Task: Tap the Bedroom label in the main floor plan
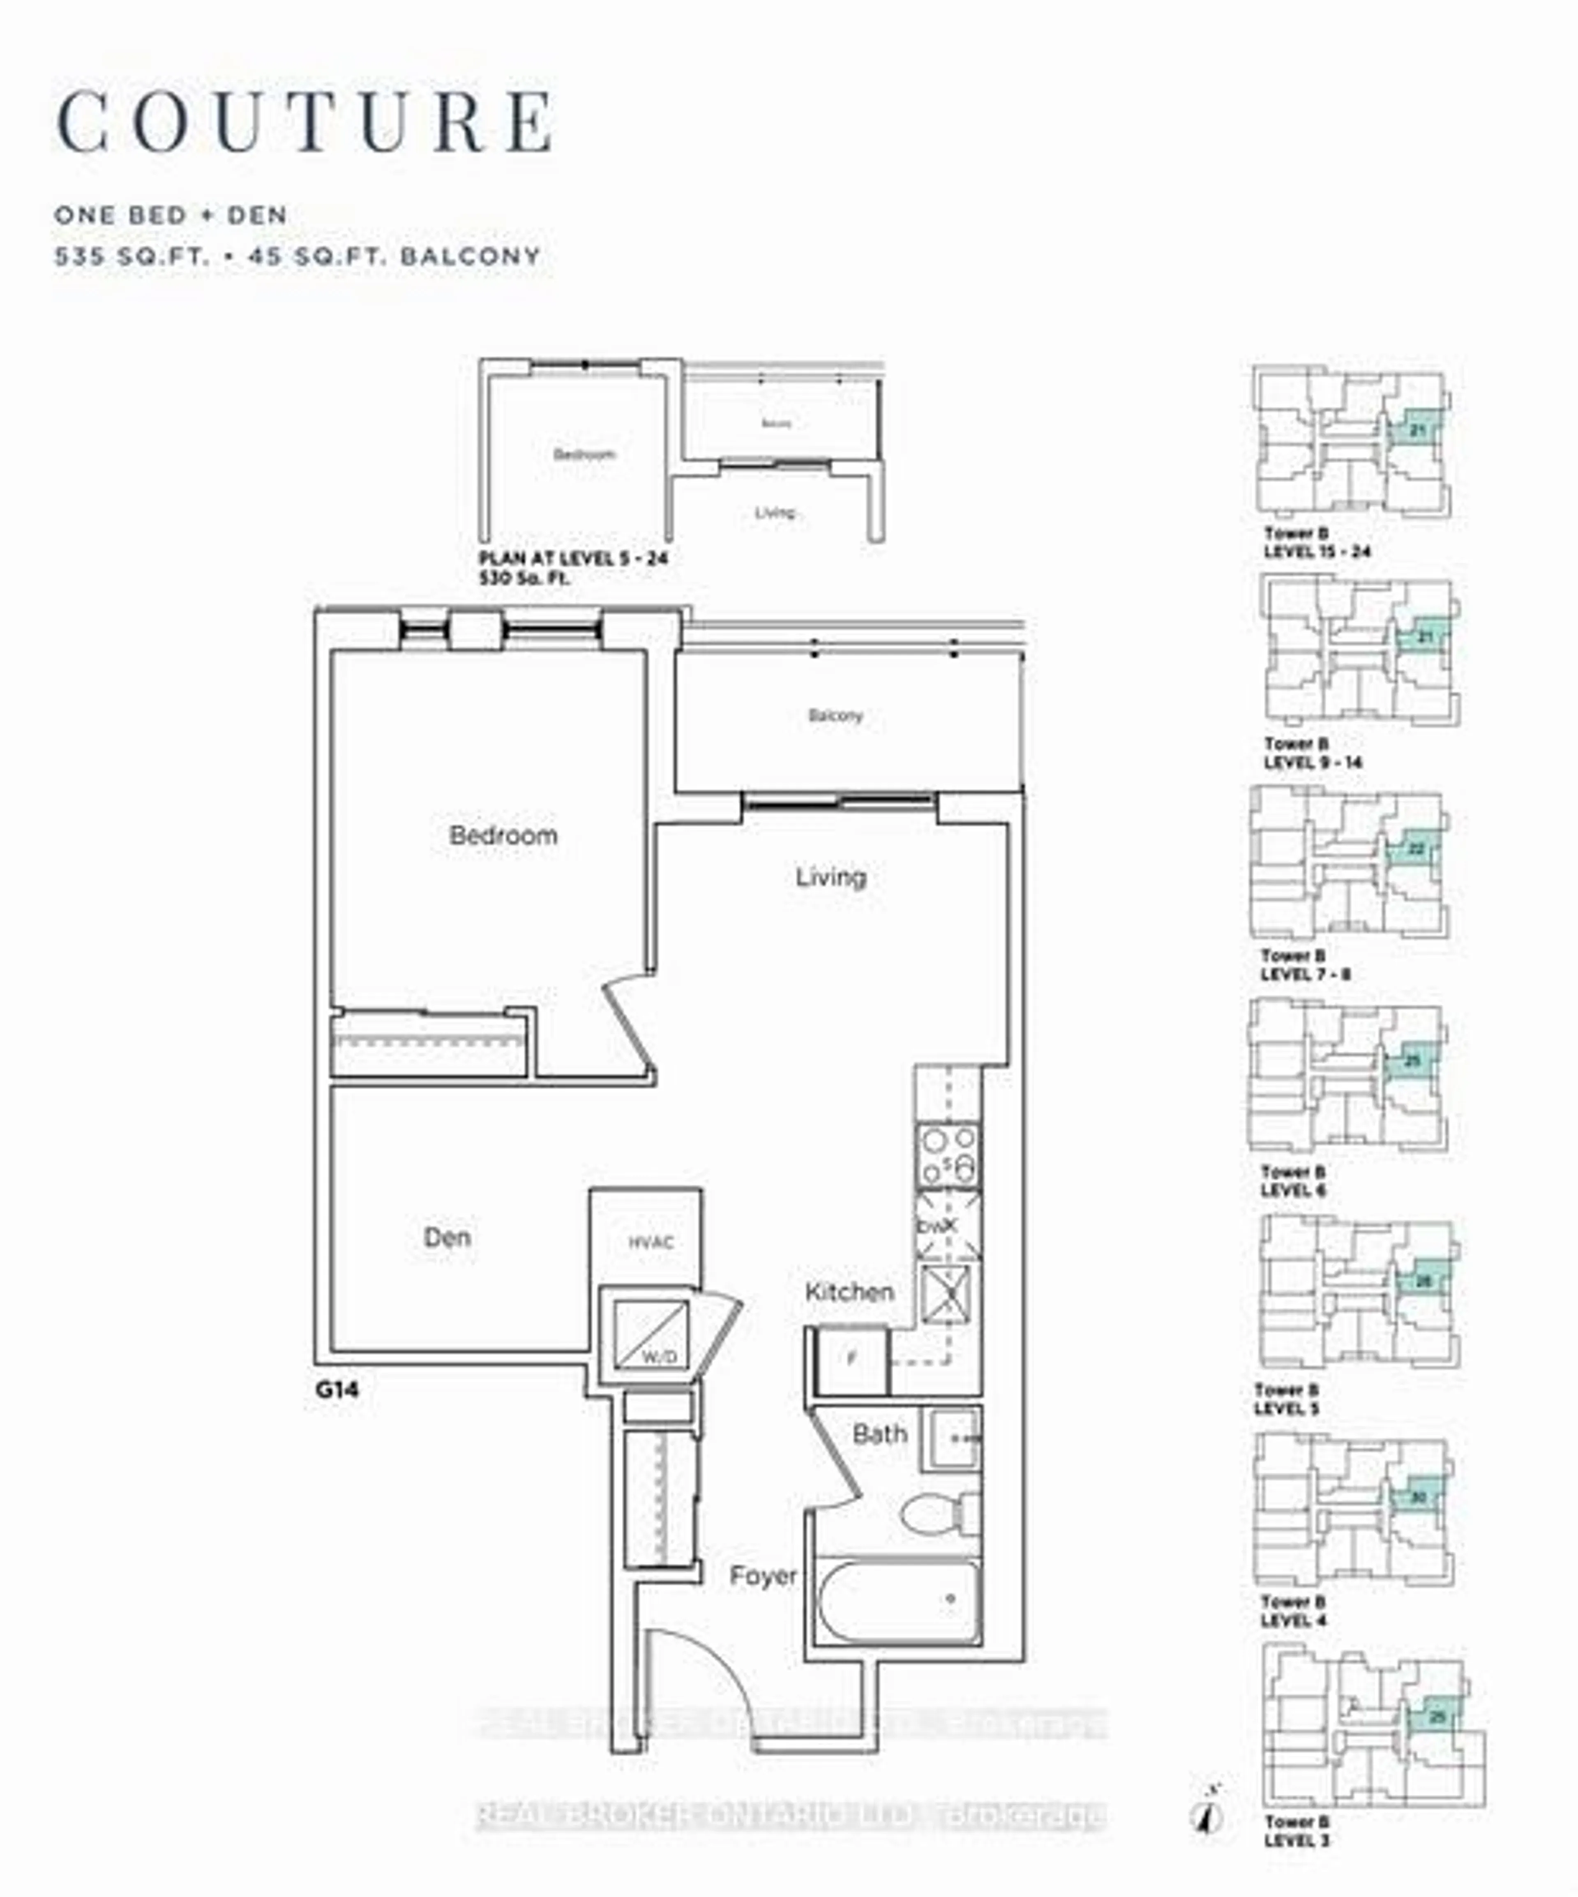point(503,836)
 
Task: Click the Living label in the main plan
point(830,876)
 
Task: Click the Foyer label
point(763,1577)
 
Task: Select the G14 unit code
point(337,1389)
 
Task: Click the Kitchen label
point(849,1292)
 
